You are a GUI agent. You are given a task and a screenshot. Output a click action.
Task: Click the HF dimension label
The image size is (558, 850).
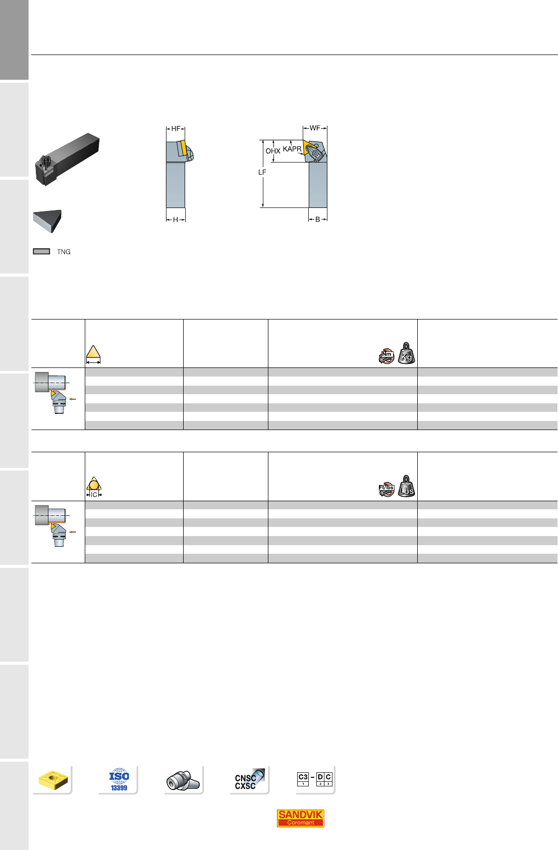[176, 129]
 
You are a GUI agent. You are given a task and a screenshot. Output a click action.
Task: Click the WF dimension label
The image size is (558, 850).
[315, 128]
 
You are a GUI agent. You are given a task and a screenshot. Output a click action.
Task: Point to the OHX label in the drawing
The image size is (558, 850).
[273, 150]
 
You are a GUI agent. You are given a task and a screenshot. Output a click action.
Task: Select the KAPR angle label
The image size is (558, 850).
[292, 149]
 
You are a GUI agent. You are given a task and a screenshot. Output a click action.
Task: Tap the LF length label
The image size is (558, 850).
[262, 172]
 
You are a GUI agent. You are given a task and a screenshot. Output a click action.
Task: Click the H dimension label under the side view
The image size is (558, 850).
[175, 220]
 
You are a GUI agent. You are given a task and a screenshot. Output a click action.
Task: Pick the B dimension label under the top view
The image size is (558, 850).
[317, 220]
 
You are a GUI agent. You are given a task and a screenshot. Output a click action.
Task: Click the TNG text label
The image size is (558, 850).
[64, 252]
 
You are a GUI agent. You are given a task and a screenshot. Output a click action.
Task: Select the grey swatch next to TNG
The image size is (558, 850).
[41, 251]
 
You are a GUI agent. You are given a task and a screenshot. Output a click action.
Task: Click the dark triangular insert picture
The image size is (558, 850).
[47, 221]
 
